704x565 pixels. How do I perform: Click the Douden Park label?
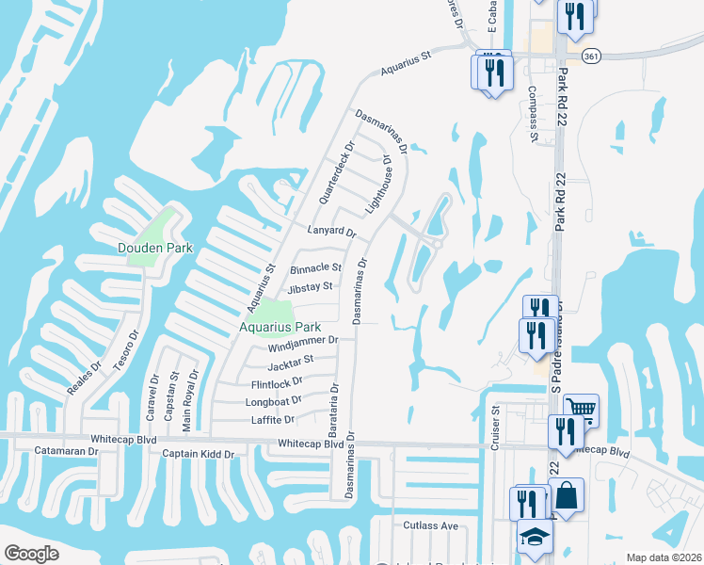pos(154,249)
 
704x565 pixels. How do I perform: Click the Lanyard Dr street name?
pos(331,232)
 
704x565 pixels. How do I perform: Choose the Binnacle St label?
pos(315,267)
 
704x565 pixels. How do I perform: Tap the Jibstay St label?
pos(311,286)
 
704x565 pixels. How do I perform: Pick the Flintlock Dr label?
pos(277,382)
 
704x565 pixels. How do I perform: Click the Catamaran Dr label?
pos(67,452)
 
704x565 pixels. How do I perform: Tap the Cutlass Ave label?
pos(431,525)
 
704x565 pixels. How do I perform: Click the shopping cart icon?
pos(582,409)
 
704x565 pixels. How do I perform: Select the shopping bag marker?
pos(567,493)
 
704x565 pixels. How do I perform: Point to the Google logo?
pos(31,554)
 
